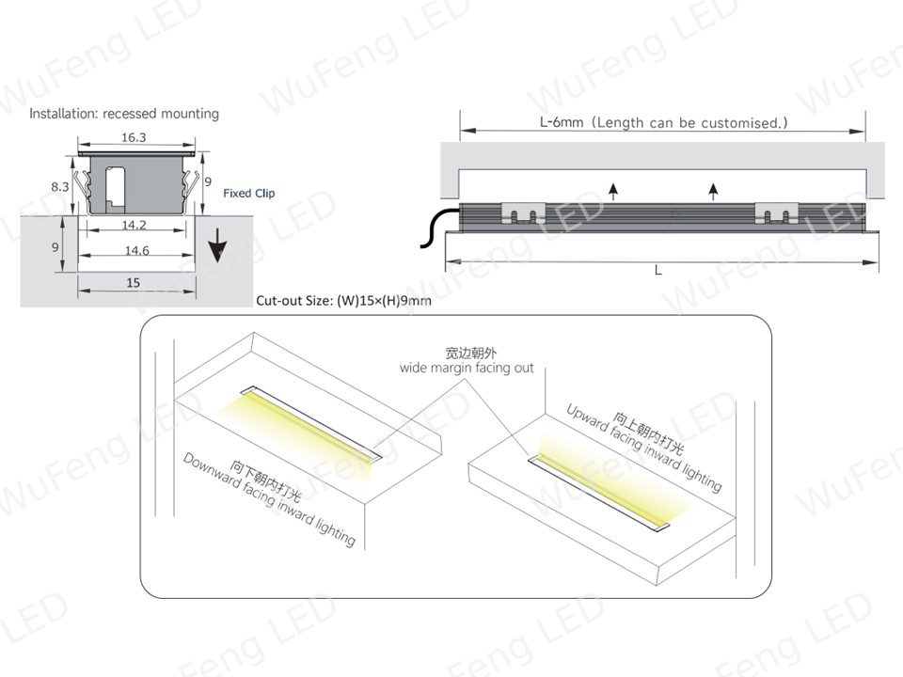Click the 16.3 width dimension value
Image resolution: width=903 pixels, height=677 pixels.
click(134, 137)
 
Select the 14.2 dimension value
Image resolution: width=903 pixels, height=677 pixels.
click(135, 225)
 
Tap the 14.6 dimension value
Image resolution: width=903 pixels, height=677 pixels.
click(136, 250)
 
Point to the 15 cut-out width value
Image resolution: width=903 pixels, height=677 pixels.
click(133, 283)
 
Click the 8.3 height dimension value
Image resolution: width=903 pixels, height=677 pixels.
click(60, 186)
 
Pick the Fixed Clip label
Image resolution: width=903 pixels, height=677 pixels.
click(248, 194)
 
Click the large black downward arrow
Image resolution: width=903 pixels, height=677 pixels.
click(217, 244)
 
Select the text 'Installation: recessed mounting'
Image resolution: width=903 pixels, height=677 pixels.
click(124, 114)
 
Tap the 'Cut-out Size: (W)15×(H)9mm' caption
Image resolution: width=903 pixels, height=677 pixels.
click(343, 301)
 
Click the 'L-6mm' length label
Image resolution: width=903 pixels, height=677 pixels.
click(562, 122)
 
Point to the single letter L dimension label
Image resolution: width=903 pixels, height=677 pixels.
click(658, 270)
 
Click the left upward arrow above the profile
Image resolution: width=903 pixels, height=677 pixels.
click(613, 191)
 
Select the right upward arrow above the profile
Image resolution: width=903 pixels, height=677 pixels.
click(714, 191)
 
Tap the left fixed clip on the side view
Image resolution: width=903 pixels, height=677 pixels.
click(523, 213)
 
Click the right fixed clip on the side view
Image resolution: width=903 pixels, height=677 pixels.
click(776, 213)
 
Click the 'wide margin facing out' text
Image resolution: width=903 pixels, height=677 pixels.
click(467, 368)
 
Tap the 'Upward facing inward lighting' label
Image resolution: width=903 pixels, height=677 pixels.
click(643, 449)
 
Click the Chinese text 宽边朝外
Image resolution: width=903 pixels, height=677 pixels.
click(470, 353)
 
